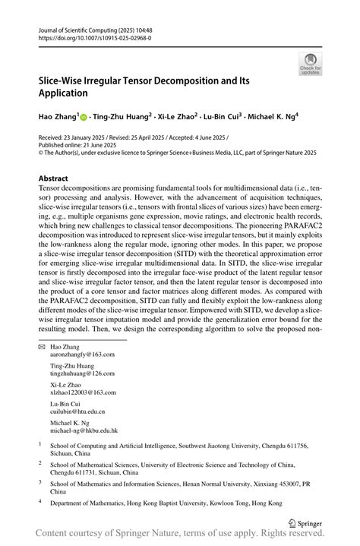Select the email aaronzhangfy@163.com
coord(83,354)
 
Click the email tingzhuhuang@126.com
coord(82,373)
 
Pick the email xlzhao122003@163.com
coord(83,392)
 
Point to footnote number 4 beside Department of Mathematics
coord(40,501)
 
